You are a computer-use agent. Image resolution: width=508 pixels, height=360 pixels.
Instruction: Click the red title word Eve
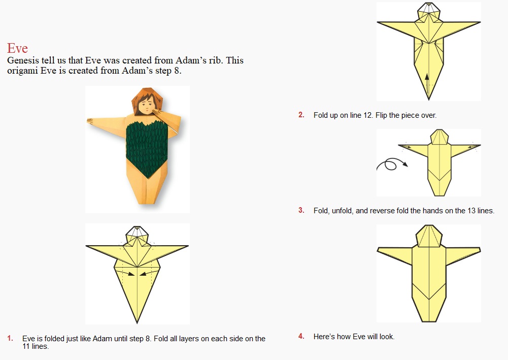click(17, 48)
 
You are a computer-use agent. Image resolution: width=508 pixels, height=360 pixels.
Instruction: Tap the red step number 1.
click(10, 338)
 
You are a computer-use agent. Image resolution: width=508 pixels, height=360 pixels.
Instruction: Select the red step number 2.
click(301, 115)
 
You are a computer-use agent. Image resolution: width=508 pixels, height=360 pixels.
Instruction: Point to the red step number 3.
click(301, 210)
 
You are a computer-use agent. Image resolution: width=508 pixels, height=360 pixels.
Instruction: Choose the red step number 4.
click(301, 336)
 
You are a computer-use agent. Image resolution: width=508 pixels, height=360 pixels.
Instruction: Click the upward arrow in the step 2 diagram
click(427, 79)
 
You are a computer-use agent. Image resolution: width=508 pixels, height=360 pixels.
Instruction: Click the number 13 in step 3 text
click(471, 211)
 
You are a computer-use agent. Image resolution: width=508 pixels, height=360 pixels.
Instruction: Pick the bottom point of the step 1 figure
click(137, 323)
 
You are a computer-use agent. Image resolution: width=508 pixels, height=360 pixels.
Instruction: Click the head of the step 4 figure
click(429, 236)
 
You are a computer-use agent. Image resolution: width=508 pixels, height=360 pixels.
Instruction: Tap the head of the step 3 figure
click(439, 137)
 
